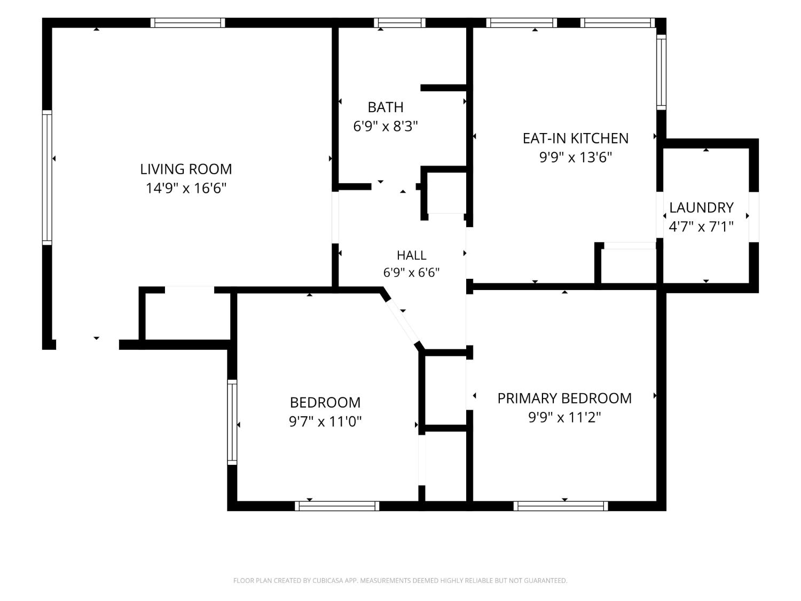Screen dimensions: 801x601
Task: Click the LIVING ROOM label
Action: click(186, 169)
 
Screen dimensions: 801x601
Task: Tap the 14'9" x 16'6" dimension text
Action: click(186, 188)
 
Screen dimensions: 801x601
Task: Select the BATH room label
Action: click(386, 107)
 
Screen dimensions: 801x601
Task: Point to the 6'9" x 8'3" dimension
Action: click(386, 126)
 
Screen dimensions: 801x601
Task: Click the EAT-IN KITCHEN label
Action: click(576, 138)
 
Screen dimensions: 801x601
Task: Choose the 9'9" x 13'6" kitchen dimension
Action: click(576, 157)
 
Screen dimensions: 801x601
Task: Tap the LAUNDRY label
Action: click(701, 208)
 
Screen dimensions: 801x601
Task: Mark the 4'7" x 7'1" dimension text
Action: click(701, 227)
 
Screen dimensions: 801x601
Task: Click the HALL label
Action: click(411, 255)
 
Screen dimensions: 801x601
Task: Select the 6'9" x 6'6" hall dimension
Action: click(411, 272)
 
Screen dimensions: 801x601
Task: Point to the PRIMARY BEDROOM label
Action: click(564, 398)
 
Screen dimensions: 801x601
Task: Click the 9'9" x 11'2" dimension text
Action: click(564, 417)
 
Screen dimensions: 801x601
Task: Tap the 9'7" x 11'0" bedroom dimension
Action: click(325, 422)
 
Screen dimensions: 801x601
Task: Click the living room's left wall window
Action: click(47, 177)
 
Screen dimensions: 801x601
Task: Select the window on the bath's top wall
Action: click(399, 22)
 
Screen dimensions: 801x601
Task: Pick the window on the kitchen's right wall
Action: click(661, 72)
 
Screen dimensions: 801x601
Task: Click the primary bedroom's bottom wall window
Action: click(561, 506)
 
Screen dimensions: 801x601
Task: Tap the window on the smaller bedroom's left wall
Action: click(232, 422)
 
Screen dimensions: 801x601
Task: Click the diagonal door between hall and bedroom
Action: click(403, 322)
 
